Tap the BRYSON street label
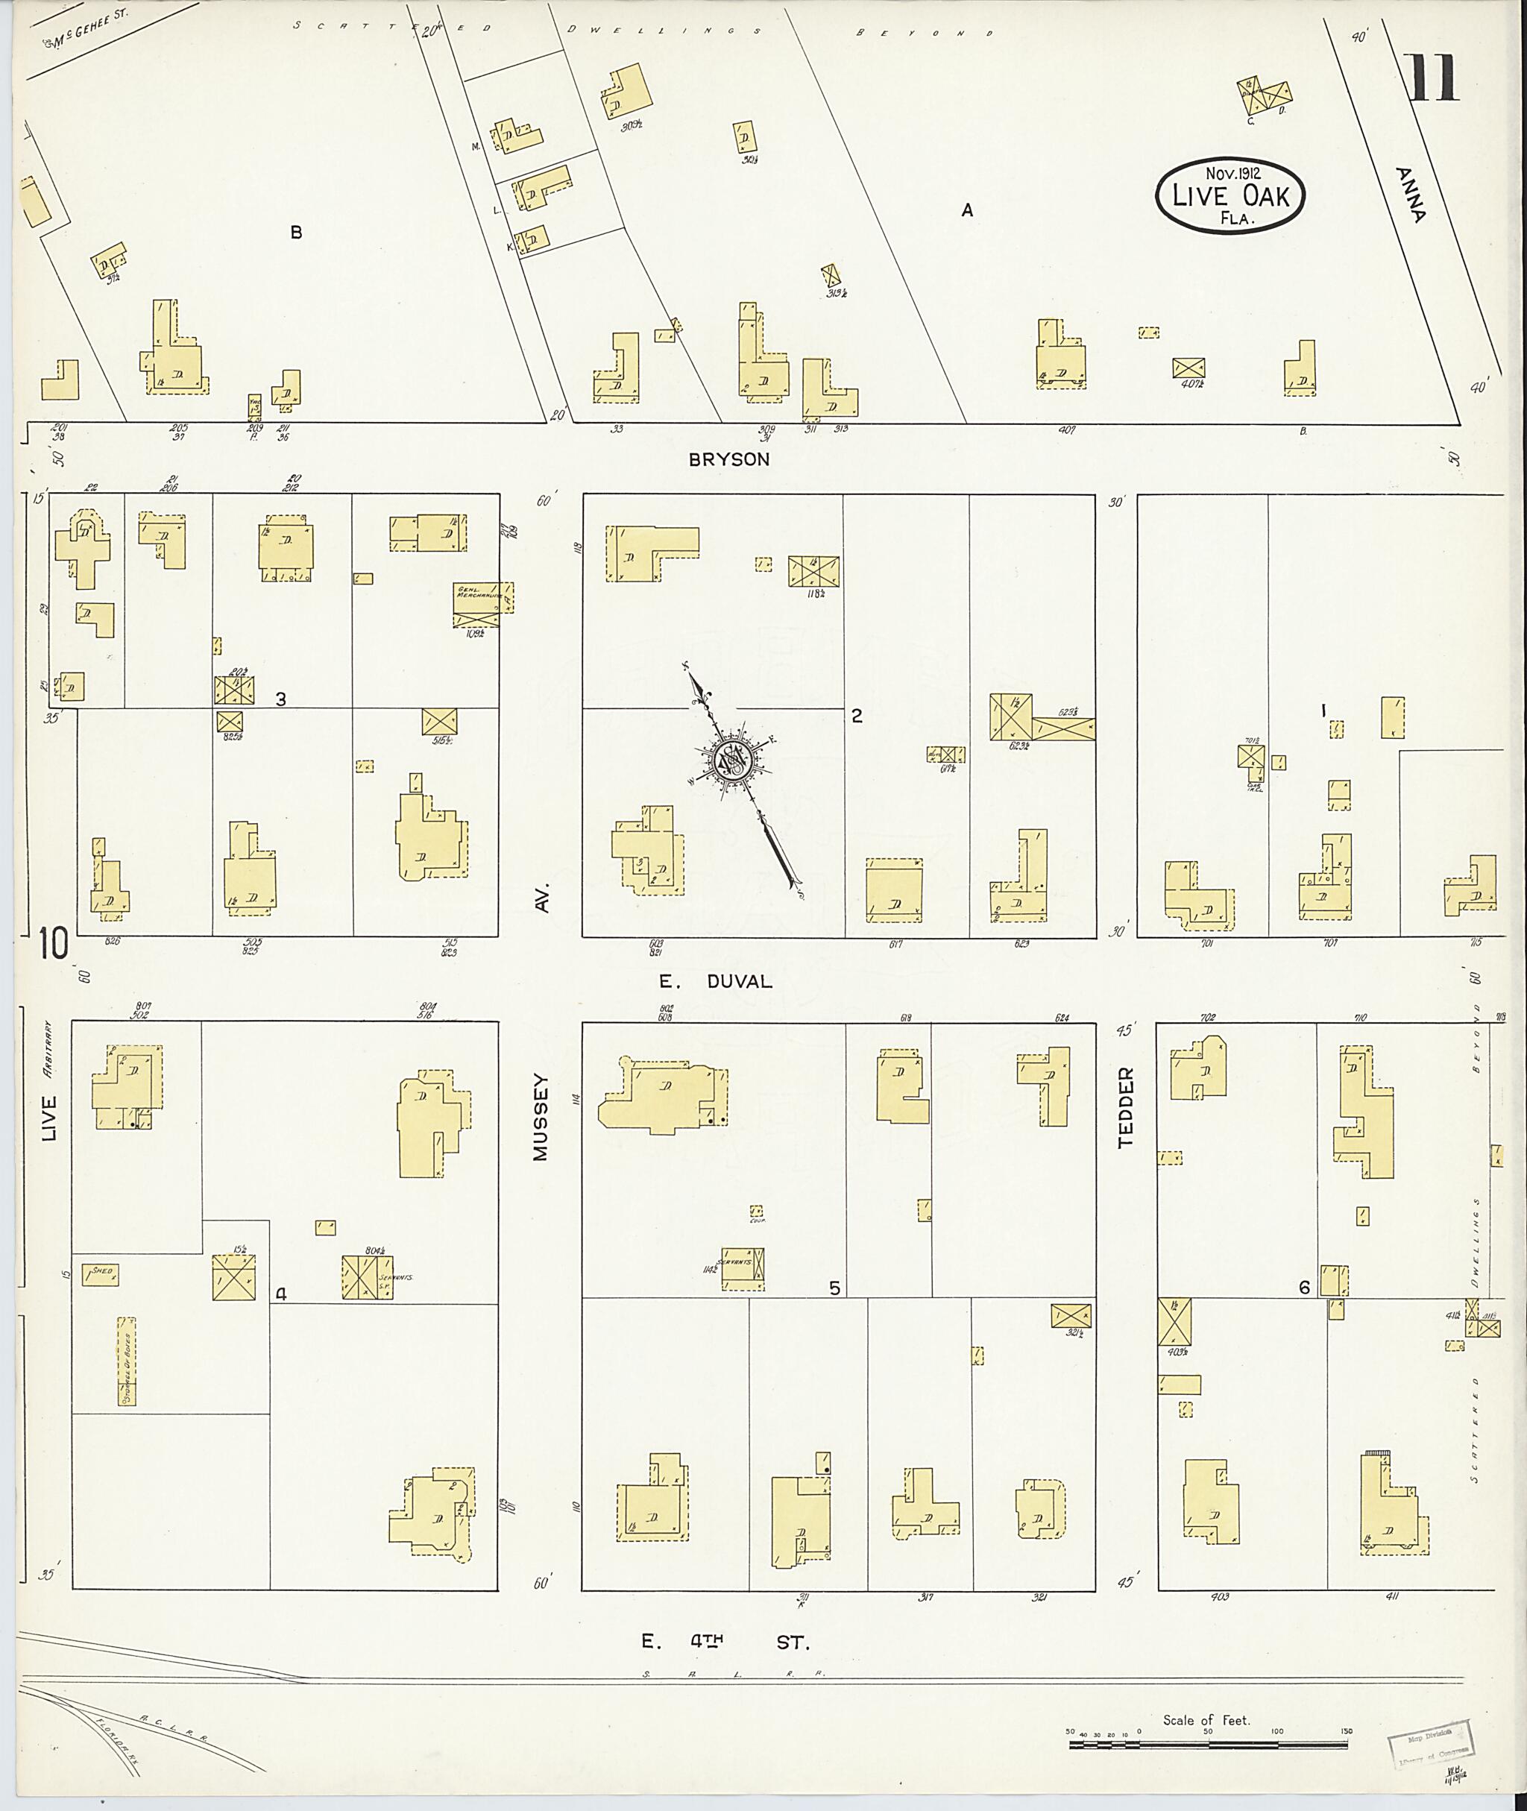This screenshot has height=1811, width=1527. (x=729, y=460)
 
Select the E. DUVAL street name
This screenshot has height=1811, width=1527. (x=715, y=981)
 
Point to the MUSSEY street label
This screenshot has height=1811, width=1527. (x=541, y=1117)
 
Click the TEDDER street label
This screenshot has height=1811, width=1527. (x=1124, y=1107)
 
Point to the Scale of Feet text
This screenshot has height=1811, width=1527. (x=1206, y=1720)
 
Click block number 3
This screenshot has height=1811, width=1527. (x=280, y=699)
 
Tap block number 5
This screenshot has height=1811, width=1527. (x=834, y=1288)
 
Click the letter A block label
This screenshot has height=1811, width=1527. (x=967, y=210)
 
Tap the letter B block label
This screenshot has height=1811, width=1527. (x=296, y=232)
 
